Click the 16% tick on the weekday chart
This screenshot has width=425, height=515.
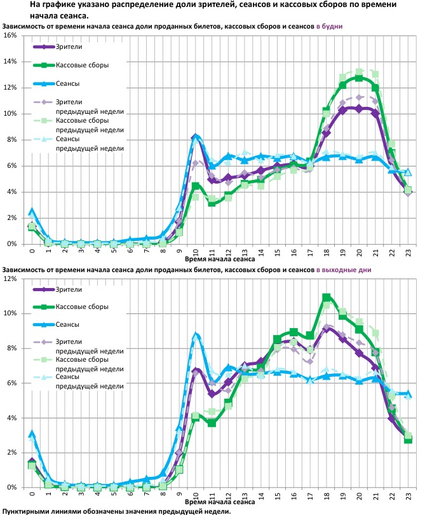(10, 36)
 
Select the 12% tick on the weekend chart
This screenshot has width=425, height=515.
(10, 279)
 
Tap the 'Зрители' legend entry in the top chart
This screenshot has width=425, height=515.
(69, 47)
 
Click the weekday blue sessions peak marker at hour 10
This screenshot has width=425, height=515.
(196, 137)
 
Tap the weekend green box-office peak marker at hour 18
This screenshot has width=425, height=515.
(327, 297)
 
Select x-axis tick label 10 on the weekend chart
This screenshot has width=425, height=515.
(196, 495)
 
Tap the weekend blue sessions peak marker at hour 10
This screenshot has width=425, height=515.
(196, 335)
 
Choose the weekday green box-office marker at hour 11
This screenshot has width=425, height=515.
(212, 203)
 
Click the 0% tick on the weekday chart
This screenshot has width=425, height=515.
(11, 244)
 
